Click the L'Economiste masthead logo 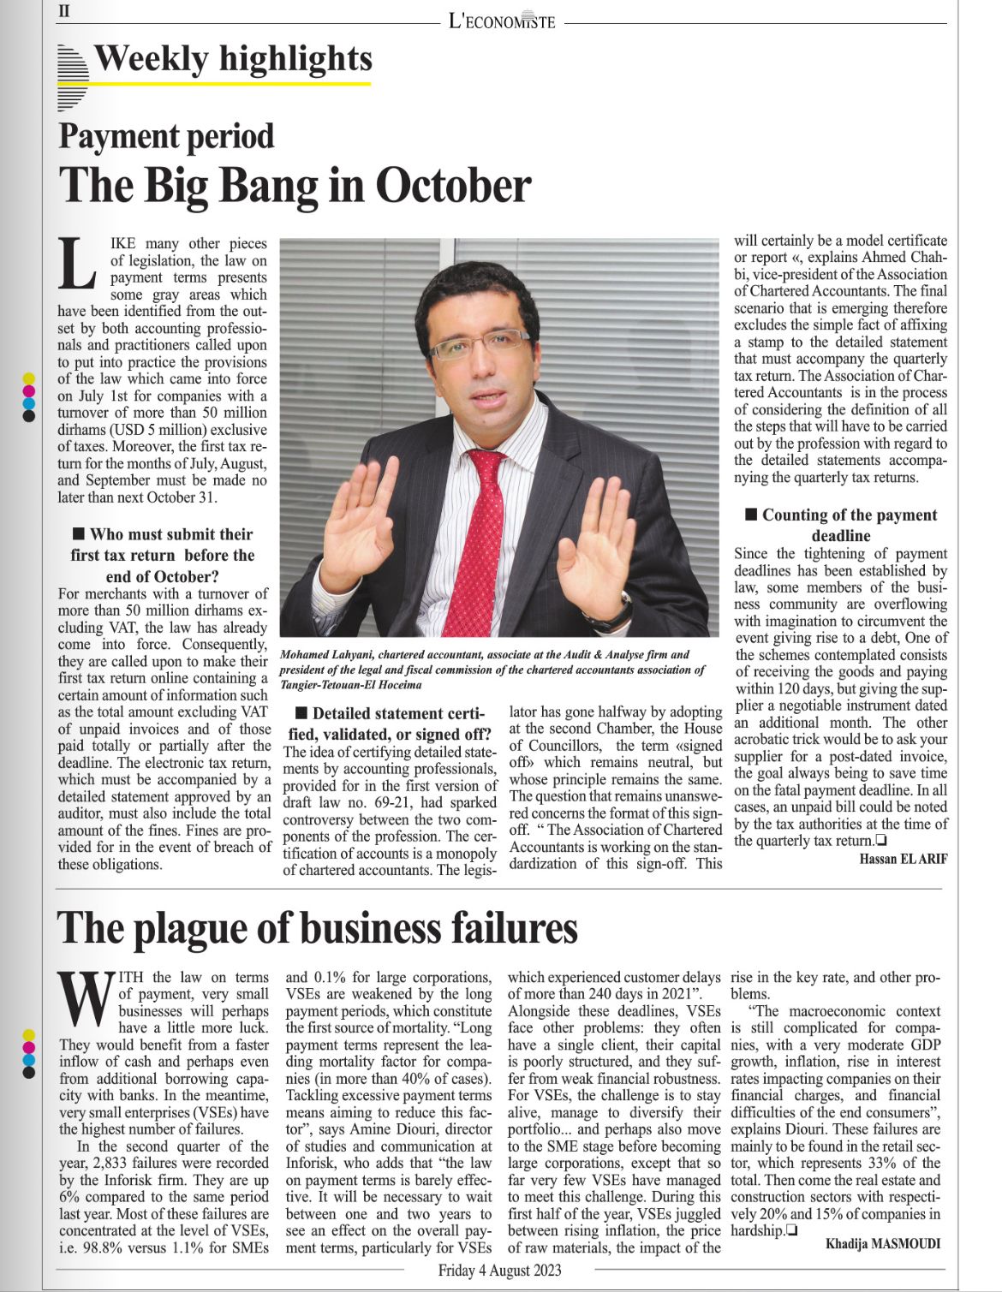click(502, 21)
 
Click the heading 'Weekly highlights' click(232, 59)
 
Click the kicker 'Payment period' click(166, 137)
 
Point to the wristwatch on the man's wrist click(613, 610)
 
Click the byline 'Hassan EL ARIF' click(903, 859)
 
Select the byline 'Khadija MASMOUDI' click(883, 1243)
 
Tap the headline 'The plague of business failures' click(317, 928)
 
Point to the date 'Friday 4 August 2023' click(499, 1270)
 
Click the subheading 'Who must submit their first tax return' click(162, 555)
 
